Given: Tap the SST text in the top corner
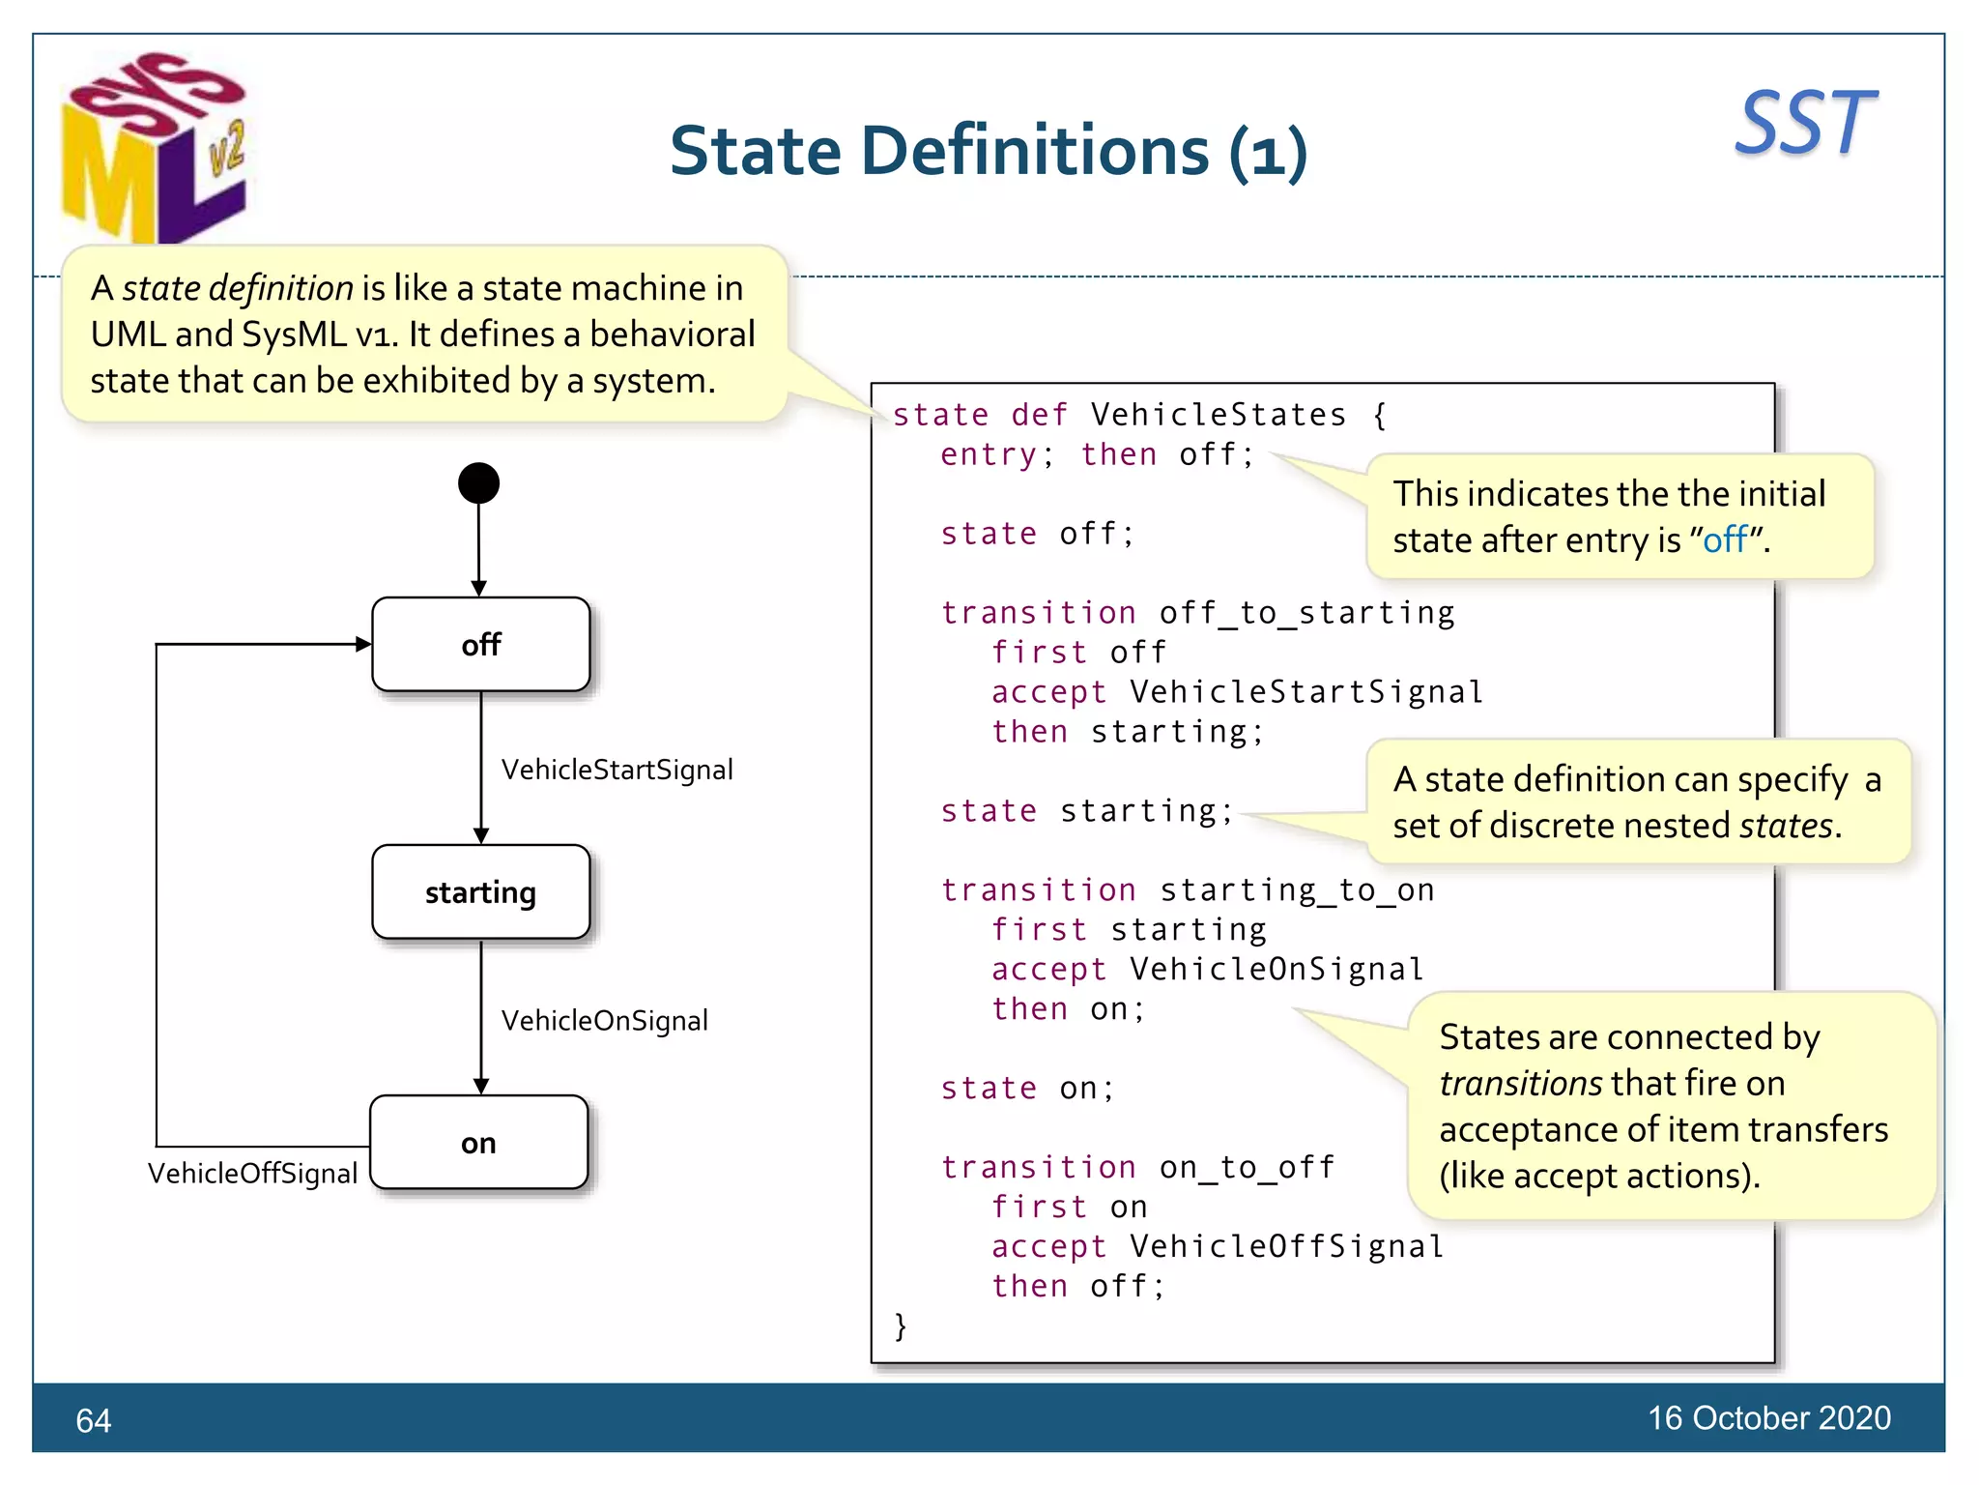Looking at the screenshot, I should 1804,124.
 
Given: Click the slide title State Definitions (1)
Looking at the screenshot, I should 988,152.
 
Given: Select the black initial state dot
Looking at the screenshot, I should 478,483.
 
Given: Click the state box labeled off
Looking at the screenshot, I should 480,644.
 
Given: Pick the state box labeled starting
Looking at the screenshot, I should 480,891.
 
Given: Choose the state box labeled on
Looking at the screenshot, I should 478,1143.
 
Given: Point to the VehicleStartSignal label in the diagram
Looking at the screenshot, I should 617,770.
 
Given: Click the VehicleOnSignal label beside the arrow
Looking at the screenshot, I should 604,1020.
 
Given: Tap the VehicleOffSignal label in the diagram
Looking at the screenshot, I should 252,1173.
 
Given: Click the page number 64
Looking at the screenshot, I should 94,1420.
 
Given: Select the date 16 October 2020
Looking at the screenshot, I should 1768,1417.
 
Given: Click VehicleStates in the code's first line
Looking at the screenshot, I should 1218,415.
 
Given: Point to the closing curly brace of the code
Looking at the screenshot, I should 901,1325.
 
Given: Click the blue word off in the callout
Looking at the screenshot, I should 1725,539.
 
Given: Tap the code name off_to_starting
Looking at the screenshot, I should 1306,613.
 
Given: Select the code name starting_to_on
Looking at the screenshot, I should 1297,889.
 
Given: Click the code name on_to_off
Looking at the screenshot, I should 1247,1167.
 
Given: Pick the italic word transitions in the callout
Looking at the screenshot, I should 1520,1083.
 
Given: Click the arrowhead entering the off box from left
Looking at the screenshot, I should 363,644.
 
